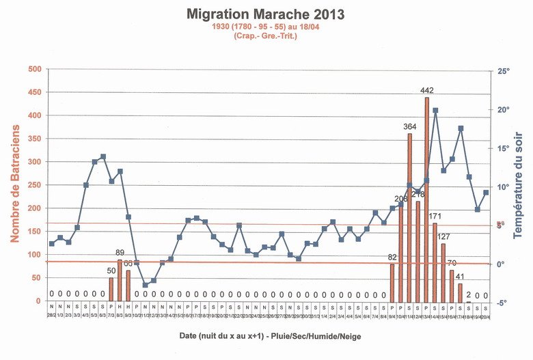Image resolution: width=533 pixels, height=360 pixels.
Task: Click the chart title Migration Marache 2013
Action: point(265,13)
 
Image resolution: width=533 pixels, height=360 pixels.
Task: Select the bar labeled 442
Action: point(426,199)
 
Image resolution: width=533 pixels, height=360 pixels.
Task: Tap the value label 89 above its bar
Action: point(120,253)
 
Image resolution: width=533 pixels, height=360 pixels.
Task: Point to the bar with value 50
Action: point(111,289)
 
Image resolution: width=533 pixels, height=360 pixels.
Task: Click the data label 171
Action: point(435,217)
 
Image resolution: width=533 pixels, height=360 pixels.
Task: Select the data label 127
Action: point(443,237)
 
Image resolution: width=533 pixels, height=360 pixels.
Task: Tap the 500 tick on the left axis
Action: point(34,69)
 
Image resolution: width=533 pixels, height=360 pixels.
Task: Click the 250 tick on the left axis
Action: point(34,185)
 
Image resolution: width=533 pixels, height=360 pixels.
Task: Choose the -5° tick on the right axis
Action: point(503,303)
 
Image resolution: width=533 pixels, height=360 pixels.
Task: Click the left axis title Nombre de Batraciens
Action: point(14,185)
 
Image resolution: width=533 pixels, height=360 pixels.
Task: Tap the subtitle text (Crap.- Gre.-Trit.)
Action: point(266,36)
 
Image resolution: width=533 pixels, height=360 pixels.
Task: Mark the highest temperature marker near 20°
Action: point(435,110)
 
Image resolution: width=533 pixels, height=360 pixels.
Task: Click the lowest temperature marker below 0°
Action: point(145,285)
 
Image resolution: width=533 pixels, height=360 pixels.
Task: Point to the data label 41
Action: point(460,277)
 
